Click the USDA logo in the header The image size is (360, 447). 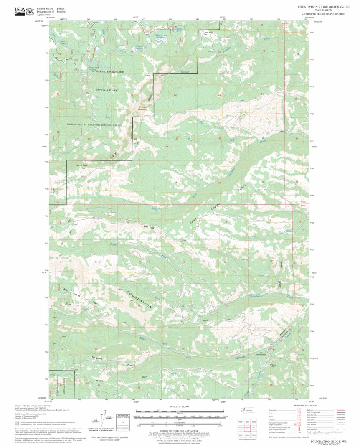pos(20,11)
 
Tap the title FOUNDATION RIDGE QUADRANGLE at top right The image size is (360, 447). pos(321,7)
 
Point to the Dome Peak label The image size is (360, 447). pos(82,165)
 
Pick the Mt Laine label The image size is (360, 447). pos(96,358)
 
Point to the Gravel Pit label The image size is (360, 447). pos(274,365)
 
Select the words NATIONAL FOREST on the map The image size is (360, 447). pos(107,90)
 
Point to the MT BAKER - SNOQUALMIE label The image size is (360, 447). pos(108,72)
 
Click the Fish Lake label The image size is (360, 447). pos(63,42)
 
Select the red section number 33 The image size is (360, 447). pos(132,183)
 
